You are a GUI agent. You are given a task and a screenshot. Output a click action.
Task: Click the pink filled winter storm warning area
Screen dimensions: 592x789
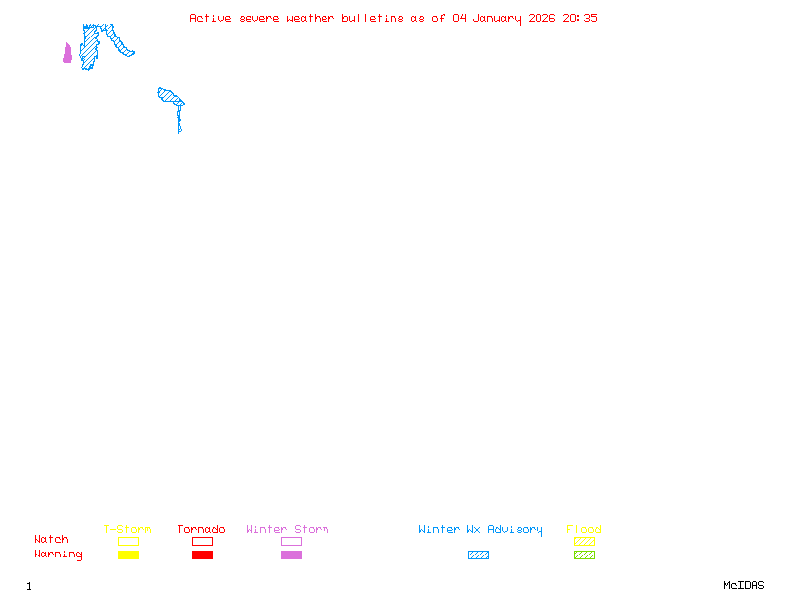point(67,54)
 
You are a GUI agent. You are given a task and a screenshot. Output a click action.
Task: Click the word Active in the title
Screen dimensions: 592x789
point(211,18)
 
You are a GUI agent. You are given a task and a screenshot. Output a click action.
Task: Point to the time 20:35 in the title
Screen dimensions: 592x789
point(580,18)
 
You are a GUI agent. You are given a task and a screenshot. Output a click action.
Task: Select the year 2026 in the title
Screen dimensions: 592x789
point(542,18)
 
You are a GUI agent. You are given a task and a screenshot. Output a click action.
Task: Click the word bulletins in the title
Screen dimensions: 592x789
point(373,18)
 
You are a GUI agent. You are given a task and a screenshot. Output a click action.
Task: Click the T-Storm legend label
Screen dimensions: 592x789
point(127,529)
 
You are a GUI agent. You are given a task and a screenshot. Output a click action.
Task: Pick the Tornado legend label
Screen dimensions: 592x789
point(201,529)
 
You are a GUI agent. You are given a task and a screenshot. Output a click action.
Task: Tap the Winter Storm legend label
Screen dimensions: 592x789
point(287,529)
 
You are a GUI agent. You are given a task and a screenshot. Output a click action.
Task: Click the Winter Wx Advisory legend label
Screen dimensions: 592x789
point(480,529)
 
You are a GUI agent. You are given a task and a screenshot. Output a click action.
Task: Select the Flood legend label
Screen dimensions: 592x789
point(584,529)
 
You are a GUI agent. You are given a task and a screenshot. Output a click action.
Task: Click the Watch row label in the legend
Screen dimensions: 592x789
point(51,540)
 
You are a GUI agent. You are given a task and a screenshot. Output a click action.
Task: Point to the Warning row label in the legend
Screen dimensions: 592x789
point(58,555)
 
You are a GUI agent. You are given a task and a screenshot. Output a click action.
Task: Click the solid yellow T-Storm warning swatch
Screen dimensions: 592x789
point(128,555)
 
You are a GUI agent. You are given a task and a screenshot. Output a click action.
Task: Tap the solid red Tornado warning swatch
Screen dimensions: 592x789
point(202,555)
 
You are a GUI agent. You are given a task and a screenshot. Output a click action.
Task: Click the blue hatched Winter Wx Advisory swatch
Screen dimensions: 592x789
point(478,555)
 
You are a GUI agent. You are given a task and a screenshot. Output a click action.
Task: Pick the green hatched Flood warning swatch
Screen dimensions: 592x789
point(584,555)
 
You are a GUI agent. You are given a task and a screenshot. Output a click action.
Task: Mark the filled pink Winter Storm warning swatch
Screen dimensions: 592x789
point(291,555)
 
